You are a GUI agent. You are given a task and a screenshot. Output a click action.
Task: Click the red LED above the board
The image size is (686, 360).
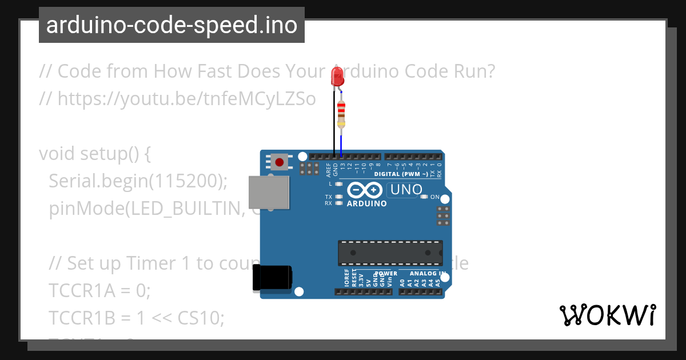point(337,76)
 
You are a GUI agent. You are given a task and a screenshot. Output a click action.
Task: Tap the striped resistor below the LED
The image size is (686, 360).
point(341,114)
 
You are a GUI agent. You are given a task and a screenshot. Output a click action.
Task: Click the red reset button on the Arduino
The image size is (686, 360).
point(279,162)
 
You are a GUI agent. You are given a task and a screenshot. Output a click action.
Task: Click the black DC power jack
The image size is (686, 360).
point(273,279)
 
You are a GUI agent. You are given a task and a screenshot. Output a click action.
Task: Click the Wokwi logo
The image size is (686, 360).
point(607,315)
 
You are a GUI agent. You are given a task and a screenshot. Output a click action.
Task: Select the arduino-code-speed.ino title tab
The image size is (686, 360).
point(171,25)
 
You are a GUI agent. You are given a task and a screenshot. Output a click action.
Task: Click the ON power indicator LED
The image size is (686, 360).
point(424,197)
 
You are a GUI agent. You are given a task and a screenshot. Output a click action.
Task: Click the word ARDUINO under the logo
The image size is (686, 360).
point(366,203)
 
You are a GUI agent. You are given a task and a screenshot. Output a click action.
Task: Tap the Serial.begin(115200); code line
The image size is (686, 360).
point(138,181)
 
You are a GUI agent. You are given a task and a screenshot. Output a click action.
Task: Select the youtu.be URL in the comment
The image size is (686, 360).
point(186,99)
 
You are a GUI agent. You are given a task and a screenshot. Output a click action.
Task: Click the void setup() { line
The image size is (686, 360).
point(94,154)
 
